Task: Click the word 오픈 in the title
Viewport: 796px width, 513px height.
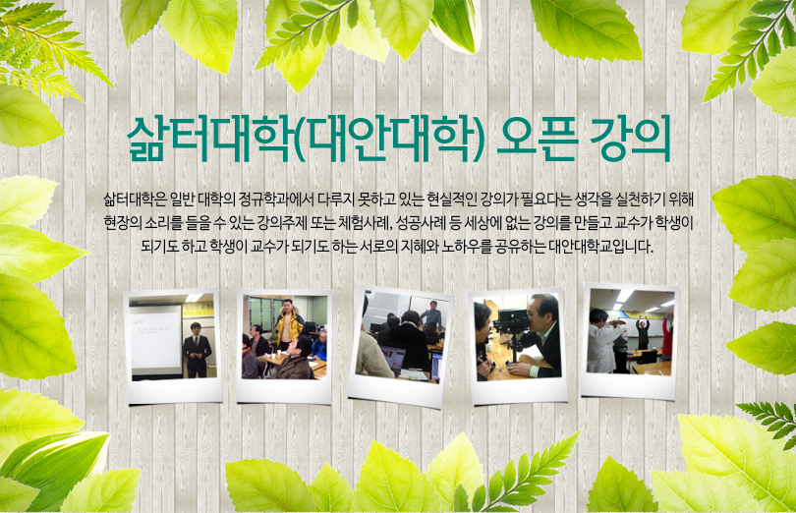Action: tap(537, 139)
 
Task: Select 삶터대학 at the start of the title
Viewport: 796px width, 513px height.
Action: tap(209, 139)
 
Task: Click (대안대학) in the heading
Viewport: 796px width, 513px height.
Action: tap(388, 139)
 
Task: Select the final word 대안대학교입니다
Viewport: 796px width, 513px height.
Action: tap(600, 247)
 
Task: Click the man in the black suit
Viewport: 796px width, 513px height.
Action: tap(197, 350)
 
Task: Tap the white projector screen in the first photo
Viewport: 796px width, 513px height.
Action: tap(155, 339)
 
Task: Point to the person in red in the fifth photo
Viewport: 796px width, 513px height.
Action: tap(667, 334)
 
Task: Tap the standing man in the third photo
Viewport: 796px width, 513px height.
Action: tap(431, 314)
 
